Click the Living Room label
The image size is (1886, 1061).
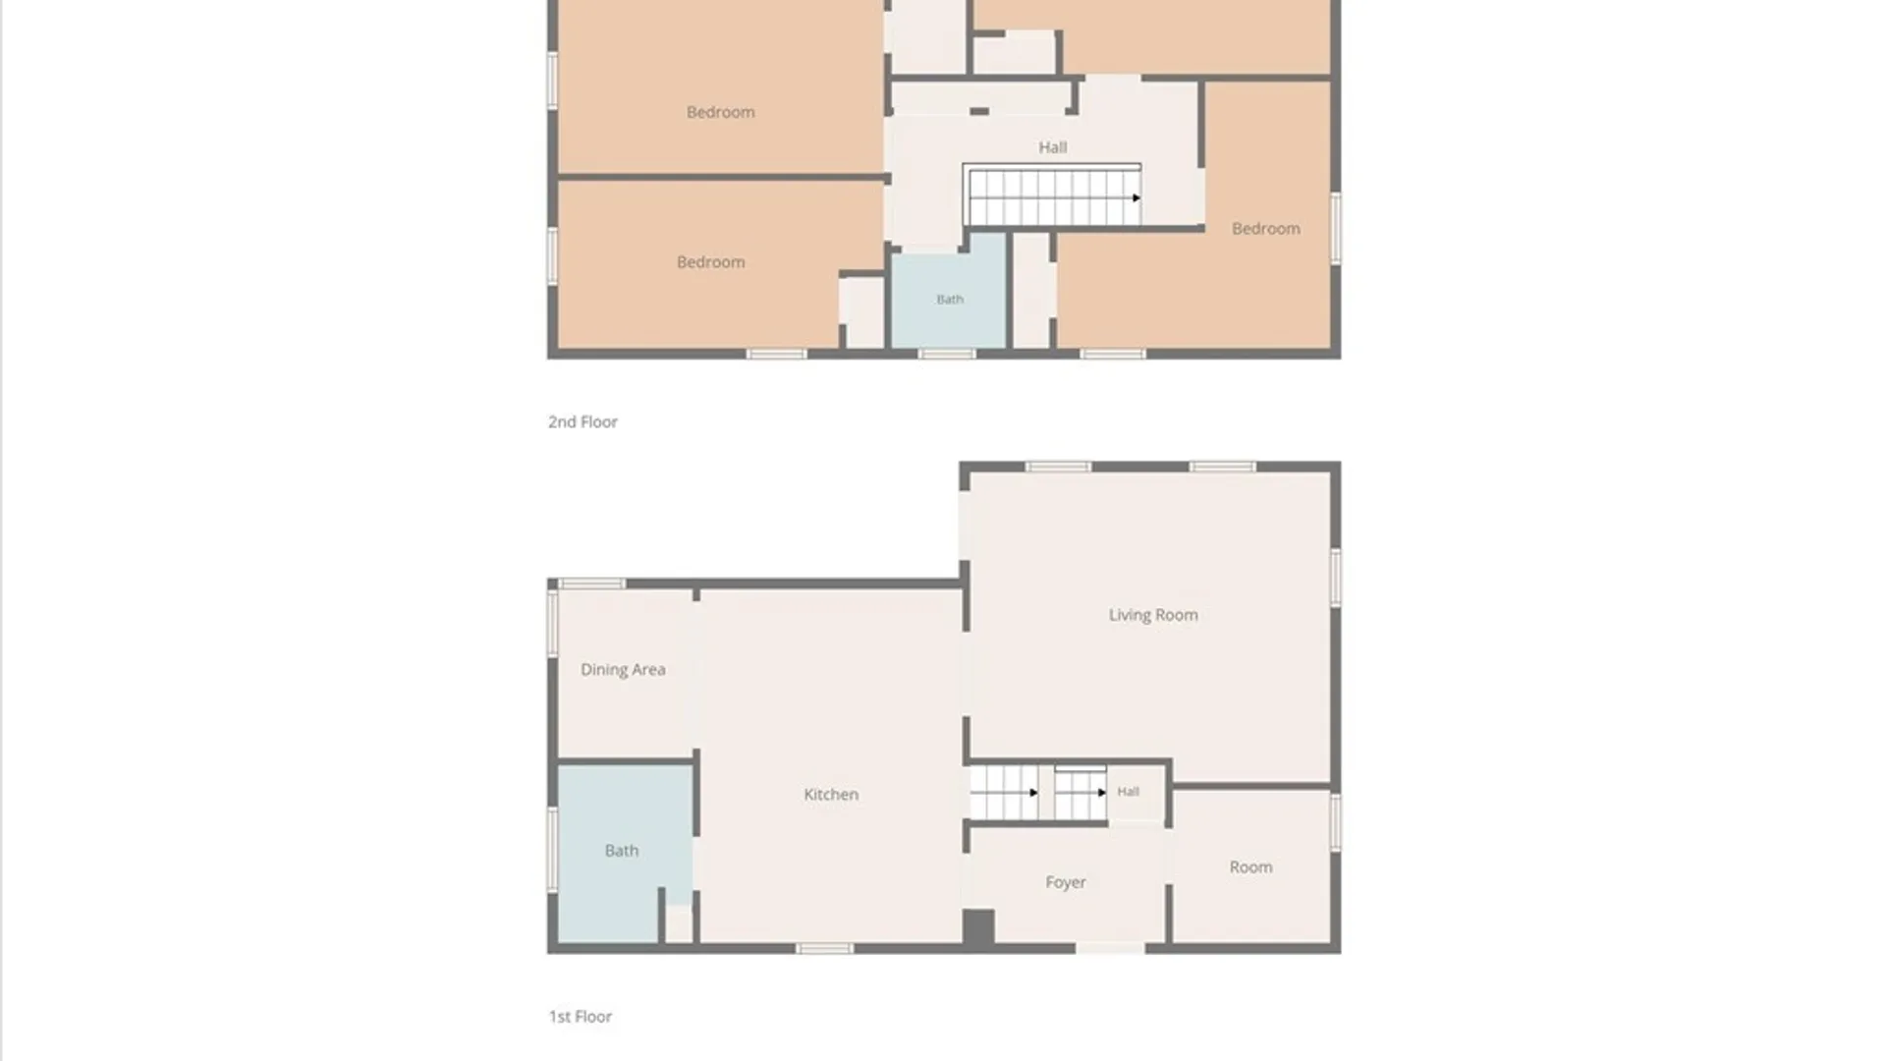(1153, 615)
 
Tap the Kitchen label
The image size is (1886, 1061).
(831, 794)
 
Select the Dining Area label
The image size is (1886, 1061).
(623, 670)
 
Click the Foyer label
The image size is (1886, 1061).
(1066, 882)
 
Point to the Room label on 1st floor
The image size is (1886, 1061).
(1250, 866)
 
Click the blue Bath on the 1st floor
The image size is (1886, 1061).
(622, 851)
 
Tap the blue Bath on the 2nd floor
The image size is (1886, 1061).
(949, 292)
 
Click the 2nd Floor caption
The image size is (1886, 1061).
(582, 421)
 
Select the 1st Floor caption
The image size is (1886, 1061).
(580, 1017)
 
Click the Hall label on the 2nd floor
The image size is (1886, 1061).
(1053, 147)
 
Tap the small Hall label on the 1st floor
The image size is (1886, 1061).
(1128, 791)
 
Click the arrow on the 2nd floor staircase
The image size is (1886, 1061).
(1136, 197)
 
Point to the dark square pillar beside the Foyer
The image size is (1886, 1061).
(978, 928)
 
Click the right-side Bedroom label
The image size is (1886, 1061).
(1266, 229)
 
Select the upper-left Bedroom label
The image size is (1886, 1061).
(721, 112)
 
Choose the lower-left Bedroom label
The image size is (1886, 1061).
(711, 262)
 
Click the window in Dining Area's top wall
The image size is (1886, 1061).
(591, 584)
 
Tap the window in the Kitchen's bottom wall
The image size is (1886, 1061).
(824, 948)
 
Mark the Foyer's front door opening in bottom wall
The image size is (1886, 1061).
(1110, 948)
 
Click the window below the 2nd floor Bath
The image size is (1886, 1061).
(948, 354)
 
